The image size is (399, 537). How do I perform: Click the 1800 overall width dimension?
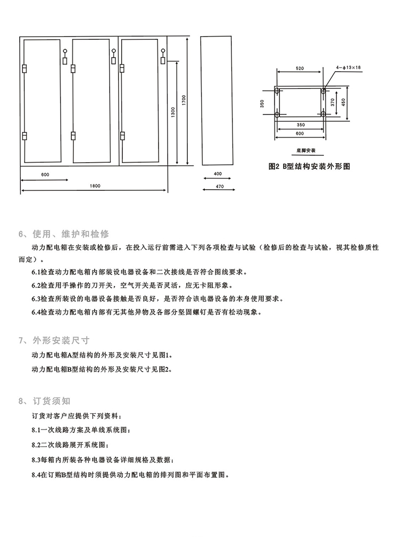coord(95,186)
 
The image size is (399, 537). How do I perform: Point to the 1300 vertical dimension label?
coord(172,112)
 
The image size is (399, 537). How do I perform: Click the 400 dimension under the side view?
coord(217,174)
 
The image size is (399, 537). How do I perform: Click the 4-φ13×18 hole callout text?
coord(348,68)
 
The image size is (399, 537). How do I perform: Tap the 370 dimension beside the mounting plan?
coord(332,103)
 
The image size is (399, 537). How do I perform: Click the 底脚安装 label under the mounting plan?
coord(300,151)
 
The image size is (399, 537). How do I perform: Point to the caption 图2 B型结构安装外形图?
coord(309,166)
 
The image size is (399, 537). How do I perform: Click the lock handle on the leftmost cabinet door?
coord(64,56)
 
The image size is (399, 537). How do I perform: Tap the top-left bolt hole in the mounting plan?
coord(277,91)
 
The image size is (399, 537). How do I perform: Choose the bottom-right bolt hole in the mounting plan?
coord(323,114)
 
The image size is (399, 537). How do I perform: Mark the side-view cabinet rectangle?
coord(217,101)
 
